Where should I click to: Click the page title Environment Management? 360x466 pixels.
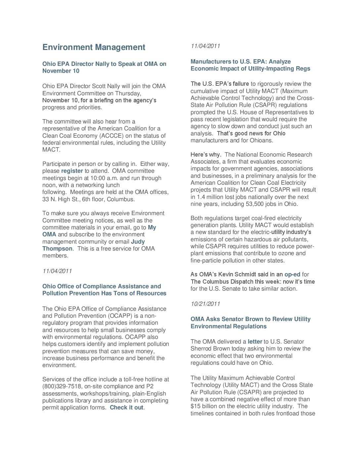[94, 47]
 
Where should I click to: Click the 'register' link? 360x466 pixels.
[72, 171]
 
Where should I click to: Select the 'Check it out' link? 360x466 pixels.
[126, 407]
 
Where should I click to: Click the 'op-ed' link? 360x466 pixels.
[292, 274]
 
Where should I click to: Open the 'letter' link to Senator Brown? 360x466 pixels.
[255, 342]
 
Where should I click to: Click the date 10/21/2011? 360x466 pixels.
[205, 304]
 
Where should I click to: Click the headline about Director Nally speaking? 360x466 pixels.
[104, 67]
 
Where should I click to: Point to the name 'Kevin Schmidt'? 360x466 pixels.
[237, 274]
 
